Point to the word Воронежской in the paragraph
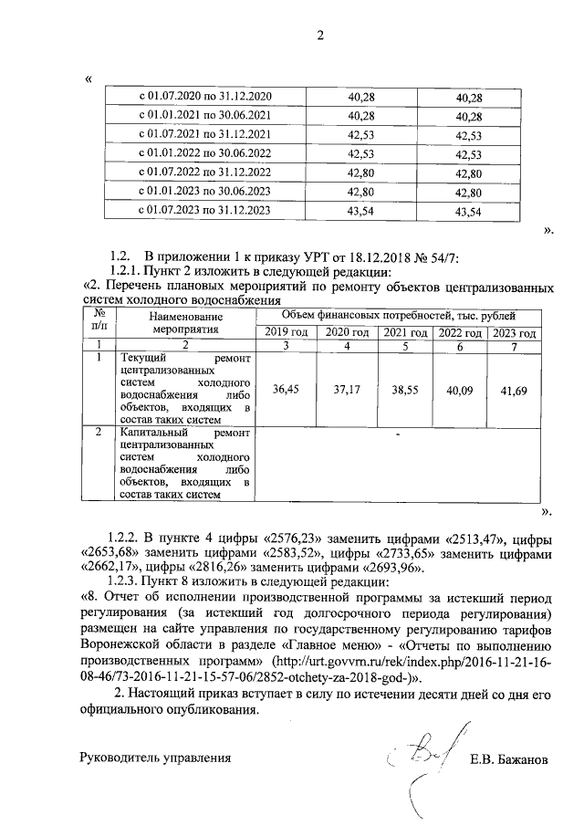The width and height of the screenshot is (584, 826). point(121,644)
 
